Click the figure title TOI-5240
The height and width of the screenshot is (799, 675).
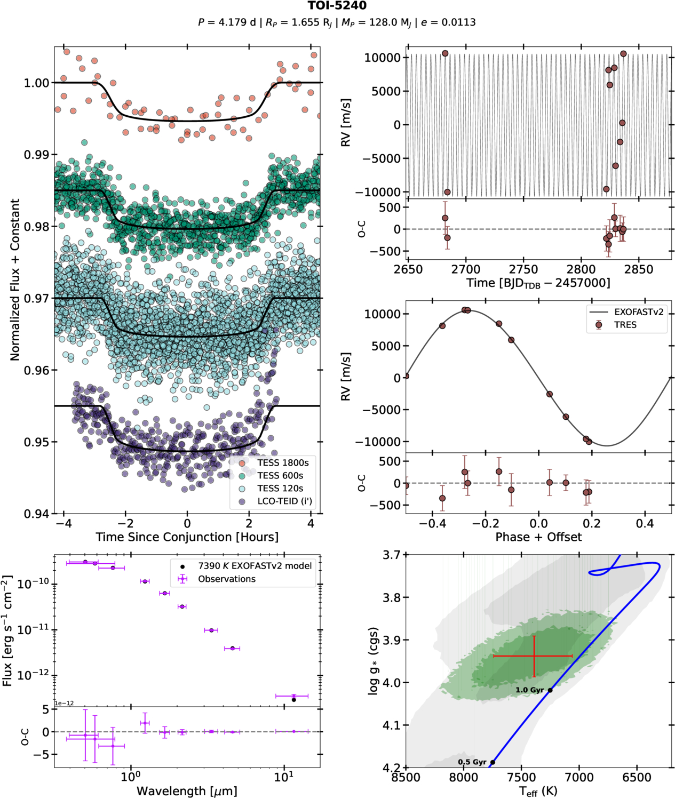pyautogui.click(x=337, y=6)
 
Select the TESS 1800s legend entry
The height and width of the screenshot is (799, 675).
pyautogui.click(x=283, y=462)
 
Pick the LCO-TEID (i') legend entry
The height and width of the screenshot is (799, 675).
pyautogui.click(x=284, y=501)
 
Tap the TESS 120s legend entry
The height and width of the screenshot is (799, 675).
pyautogui.click(x=280, y=489)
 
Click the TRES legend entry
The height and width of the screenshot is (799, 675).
pyautogui.click(x=625, y=325)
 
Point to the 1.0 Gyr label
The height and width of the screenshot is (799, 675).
pyautogui.click(x=529, y=690)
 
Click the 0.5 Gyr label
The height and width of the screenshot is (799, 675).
pyautogui.click(x=472, y=762)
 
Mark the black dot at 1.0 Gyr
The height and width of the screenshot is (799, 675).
pyautogui.click(x=550, y=690)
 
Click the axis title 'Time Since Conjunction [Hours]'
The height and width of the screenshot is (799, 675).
pyautogui.click(x=187, y=537)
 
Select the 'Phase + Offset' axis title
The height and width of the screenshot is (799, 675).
pyautogui.click(x=538, y=537)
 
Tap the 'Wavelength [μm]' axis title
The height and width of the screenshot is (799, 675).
pyautogui.click(x=187, y=791)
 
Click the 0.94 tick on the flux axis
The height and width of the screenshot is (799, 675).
pyautogui.click(x=36, y=514)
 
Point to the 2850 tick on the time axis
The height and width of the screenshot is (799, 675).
pyautogui.click(x=639, y=269)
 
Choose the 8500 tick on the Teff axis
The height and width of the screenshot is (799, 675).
pyautogui.click(x=406, y=778)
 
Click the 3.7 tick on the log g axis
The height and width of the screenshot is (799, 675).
pyautogui.click(x=391, y=555)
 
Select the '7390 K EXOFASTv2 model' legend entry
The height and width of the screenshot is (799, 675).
pyautogui.click(x=255, y=566)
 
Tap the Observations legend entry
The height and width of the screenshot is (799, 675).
pyautogui.click(x=226, y=579)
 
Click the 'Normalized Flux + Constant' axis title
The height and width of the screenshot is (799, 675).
pyautogui.click(x=15, y=279)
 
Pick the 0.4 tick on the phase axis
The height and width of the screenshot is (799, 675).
pyautogui.click(x=645, y=523)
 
